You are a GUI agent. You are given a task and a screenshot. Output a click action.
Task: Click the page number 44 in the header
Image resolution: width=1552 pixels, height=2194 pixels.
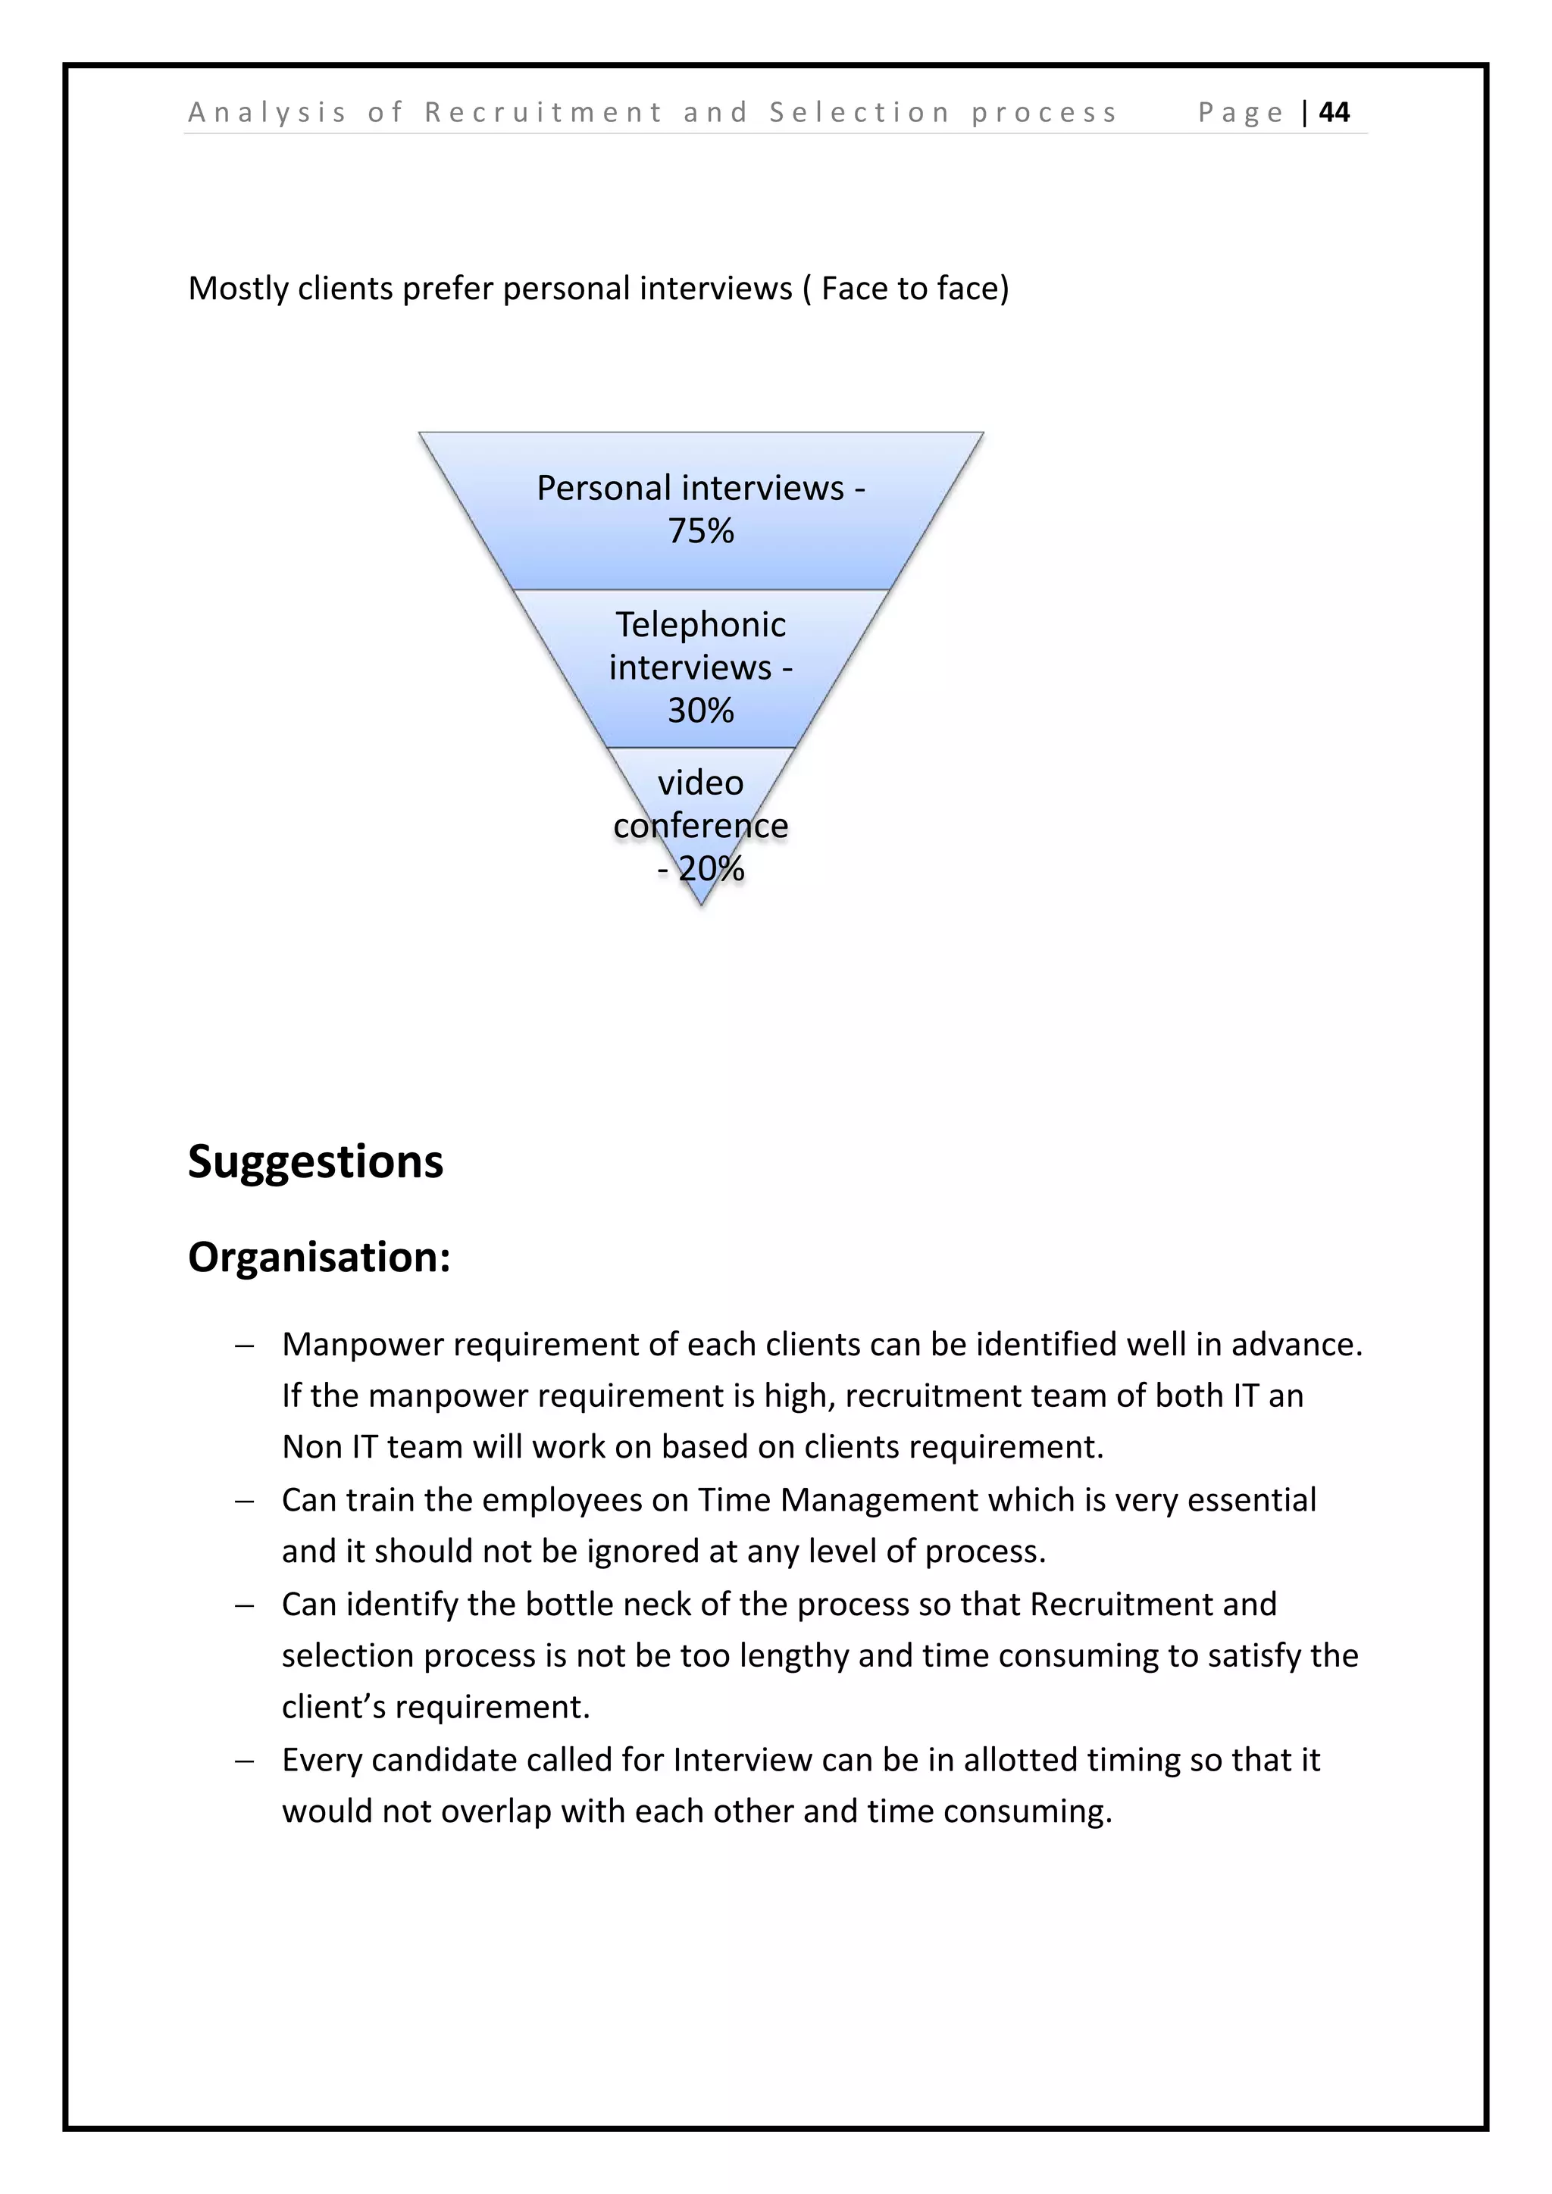1334,113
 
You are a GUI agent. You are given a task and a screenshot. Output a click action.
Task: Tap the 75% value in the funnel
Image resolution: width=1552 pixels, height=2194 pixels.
700,531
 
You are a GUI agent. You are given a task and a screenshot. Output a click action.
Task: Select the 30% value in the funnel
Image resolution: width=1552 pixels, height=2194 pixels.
700,711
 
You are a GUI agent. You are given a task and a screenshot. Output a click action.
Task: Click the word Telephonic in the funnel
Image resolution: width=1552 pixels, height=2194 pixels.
700,625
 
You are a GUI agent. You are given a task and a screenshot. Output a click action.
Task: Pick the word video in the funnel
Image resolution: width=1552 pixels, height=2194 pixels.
700,783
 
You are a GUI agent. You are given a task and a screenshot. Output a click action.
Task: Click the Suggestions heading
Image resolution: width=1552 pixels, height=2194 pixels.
315,1162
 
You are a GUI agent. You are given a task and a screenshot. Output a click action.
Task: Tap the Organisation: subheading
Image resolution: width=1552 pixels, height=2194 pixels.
319,1257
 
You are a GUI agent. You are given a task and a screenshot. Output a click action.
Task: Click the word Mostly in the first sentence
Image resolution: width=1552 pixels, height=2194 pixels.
238,289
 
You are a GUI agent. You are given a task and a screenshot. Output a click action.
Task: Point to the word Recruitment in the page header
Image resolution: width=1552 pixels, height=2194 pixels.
543,113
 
